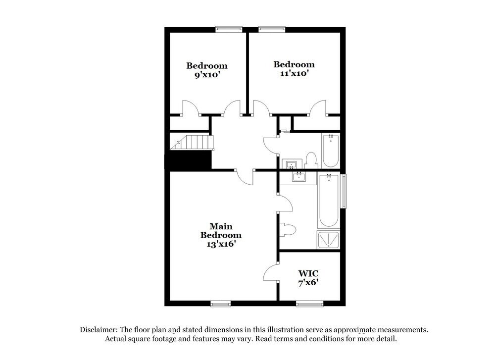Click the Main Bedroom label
[x=221, y=231]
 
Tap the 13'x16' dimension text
[x=221, y=244]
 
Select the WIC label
[x=308, y=273]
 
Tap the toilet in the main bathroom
[x=288, y=229]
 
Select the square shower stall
[x=328, y=240]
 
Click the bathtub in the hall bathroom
[x=330, y=151]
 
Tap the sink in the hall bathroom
[x=290, y=163]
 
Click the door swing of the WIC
[x=271, y=273]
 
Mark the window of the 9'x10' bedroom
[x=229, y=29]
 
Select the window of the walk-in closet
[x=309, y=303]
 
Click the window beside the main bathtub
[x=344, y=190]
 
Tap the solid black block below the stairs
[x=188, y=160]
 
